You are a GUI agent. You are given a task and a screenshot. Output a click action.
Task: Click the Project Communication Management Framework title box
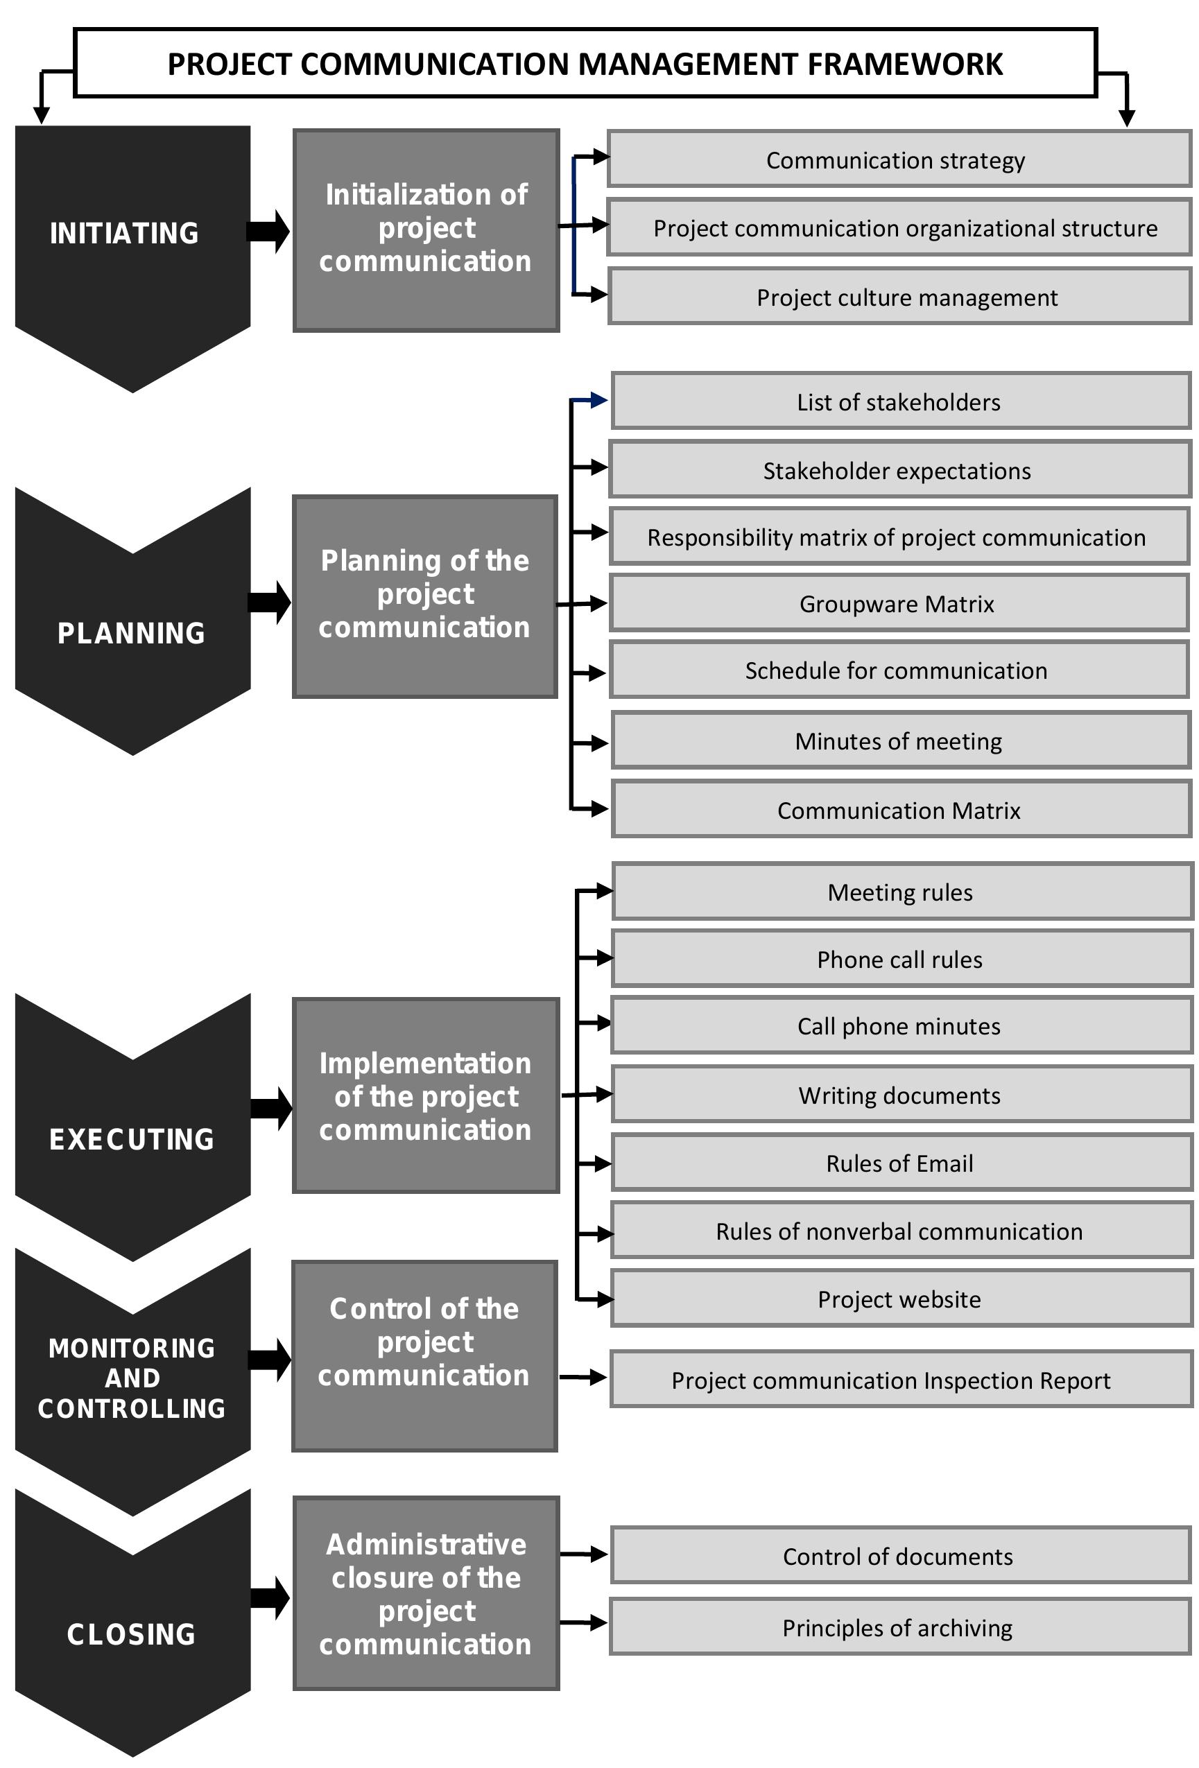click(x=585, y=64)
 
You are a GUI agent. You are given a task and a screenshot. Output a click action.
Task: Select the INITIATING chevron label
click(x=124, y=233)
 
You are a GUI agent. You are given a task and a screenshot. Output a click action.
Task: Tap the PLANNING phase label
click(x=131, y=633)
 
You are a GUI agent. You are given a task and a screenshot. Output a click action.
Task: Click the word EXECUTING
click(x=132, y=1139)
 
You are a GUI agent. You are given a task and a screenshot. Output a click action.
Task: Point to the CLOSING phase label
click(x=131, y=1634)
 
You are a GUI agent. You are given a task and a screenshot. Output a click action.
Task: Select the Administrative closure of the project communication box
click(x=426, y=1593)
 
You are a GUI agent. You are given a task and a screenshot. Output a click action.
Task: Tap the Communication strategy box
click(x=899, y=159)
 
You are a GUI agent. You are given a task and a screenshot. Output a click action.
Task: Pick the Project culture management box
click(x=899, y=297)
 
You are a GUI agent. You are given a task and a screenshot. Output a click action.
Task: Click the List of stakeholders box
click(x=900, y=401)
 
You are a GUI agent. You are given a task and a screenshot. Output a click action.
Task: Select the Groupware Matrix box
click(x=899, y=603)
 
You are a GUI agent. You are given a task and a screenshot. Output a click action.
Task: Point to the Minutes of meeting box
click(x=900, y=740)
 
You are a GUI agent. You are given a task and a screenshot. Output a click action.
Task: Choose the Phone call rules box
click(x=902, y=960)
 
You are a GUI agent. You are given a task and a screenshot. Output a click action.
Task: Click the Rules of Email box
click(x=902, y=1163)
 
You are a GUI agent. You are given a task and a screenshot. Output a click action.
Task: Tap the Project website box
click(x=902, y=1299)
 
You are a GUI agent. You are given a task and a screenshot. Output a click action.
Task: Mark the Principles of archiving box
click(x=900, y=1627)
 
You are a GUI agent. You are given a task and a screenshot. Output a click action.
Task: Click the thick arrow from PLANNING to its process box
click(x=269, y=603)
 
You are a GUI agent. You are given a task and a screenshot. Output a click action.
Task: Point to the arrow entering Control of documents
click(x=585, y=1555)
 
